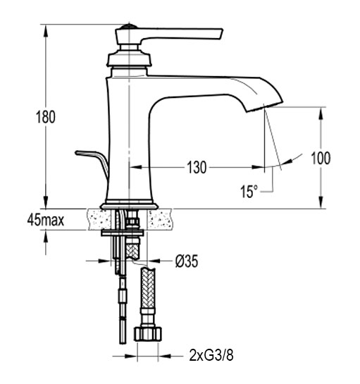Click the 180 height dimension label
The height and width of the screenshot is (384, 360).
coord(46,117)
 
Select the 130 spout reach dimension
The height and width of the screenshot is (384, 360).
coord(197,168)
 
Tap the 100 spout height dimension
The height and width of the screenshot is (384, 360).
coord(321,158)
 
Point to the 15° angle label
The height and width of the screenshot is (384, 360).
coord(249,191)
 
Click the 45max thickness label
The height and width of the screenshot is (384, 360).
coord(46,220)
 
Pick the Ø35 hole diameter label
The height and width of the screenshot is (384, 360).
coord(187,261)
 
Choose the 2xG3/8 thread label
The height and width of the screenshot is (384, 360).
coord(211,355)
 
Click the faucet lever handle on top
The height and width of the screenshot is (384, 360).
coord(169,35)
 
